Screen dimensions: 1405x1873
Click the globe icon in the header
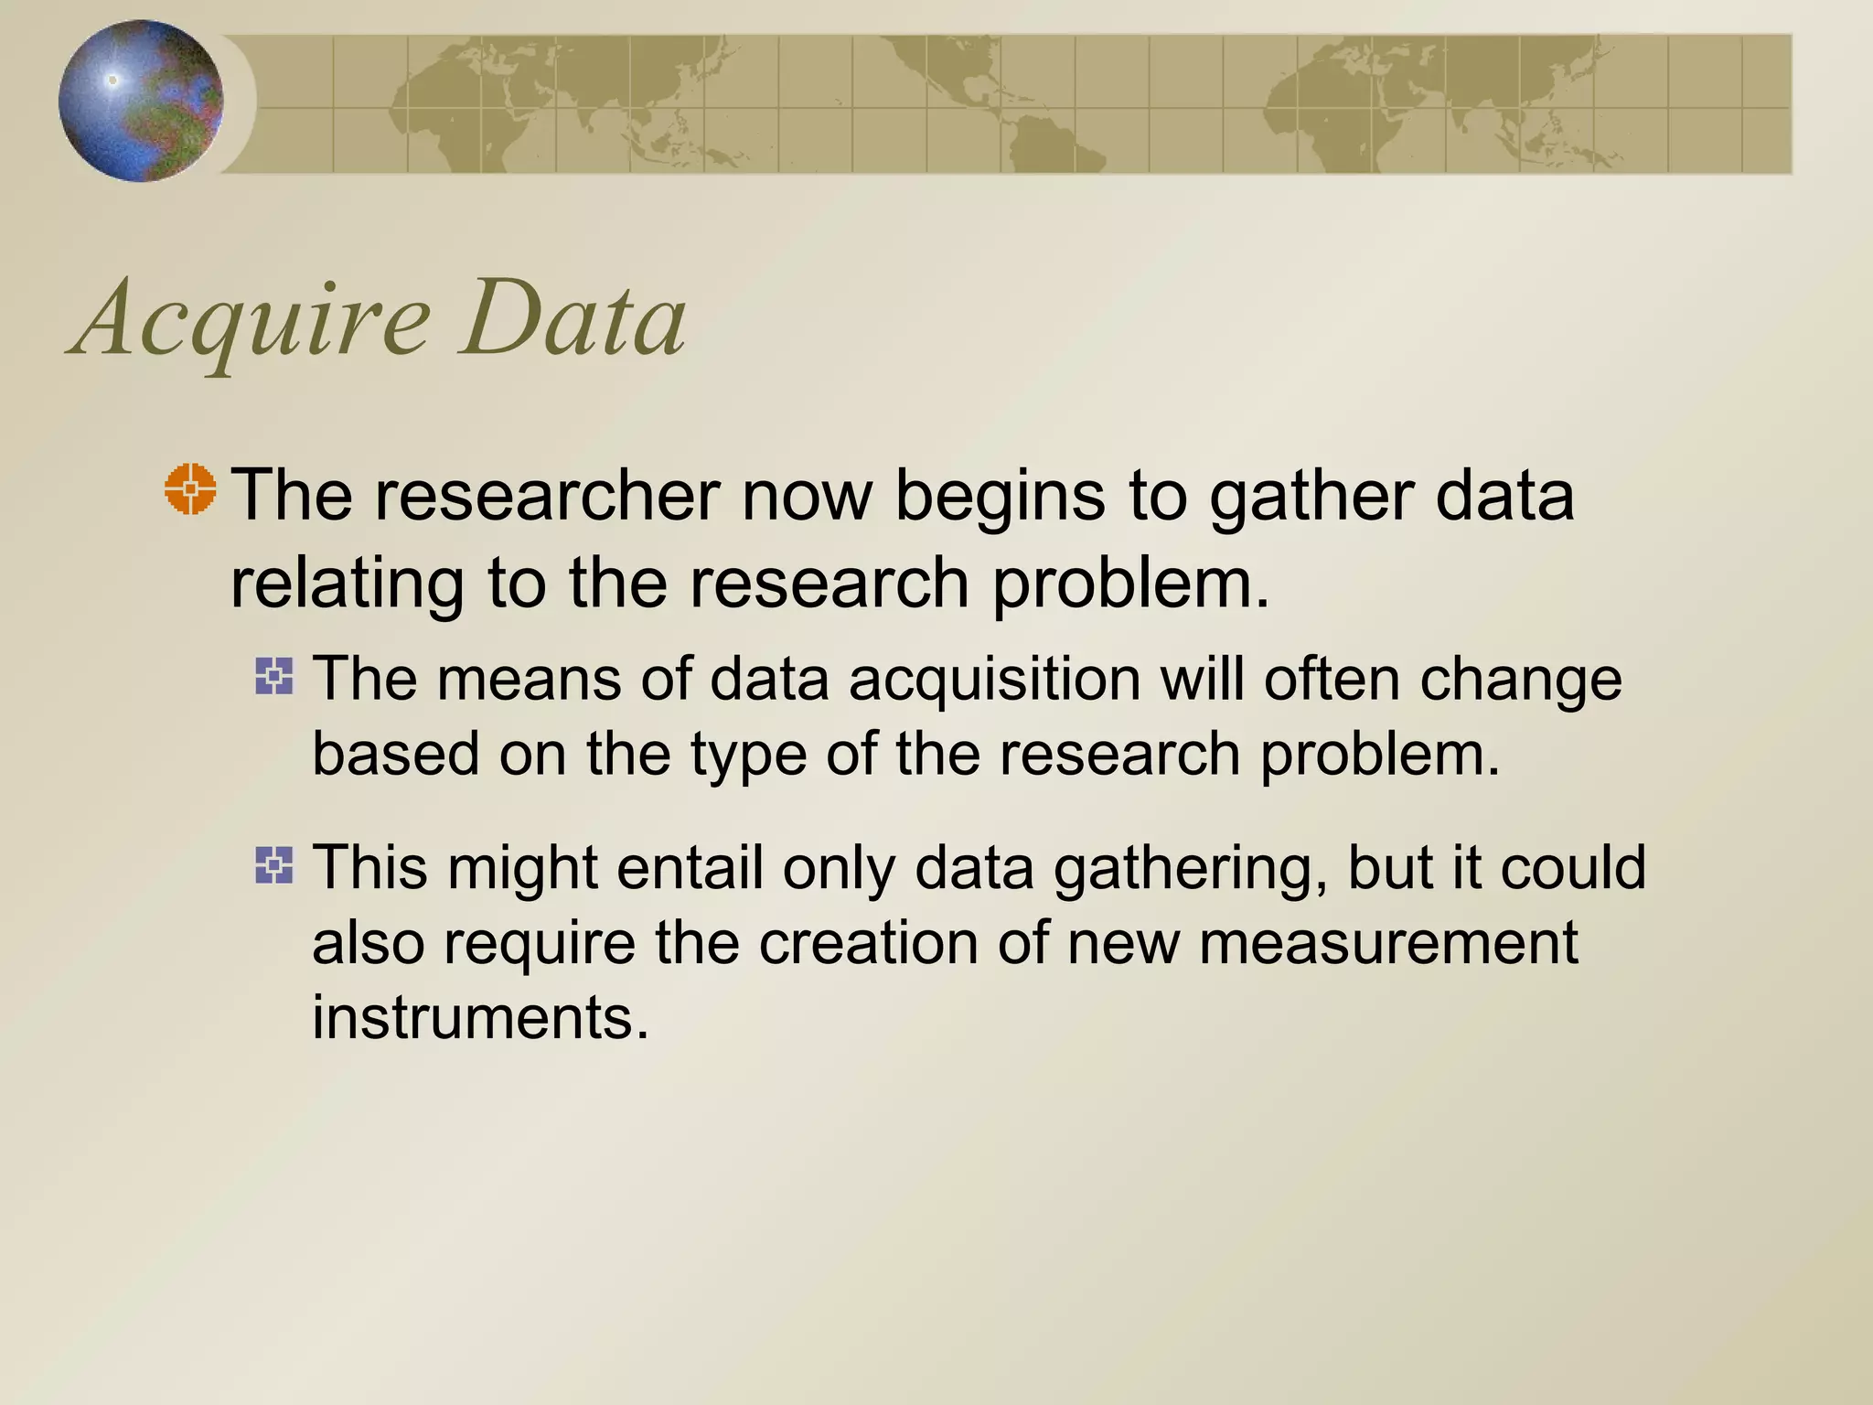click(141, 101)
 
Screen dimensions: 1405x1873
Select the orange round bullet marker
click(190, 489)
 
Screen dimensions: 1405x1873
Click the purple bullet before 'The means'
click(274, 677)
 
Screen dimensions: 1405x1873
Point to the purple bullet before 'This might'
click(274, 865)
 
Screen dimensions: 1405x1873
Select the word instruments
click(480, 1018)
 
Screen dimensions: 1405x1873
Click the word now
click(808, 496)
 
